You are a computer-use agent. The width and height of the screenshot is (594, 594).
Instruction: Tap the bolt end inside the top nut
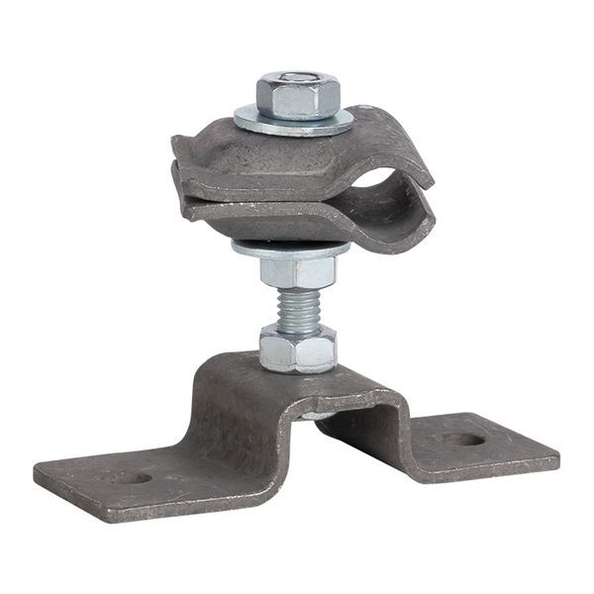[x=297, y=78]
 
